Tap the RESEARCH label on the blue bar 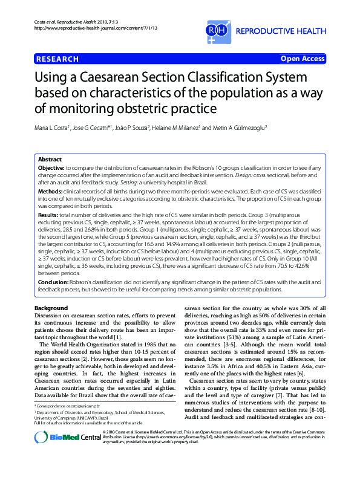click(x=57, y=59)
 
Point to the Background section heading click(x=51, y=308)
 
